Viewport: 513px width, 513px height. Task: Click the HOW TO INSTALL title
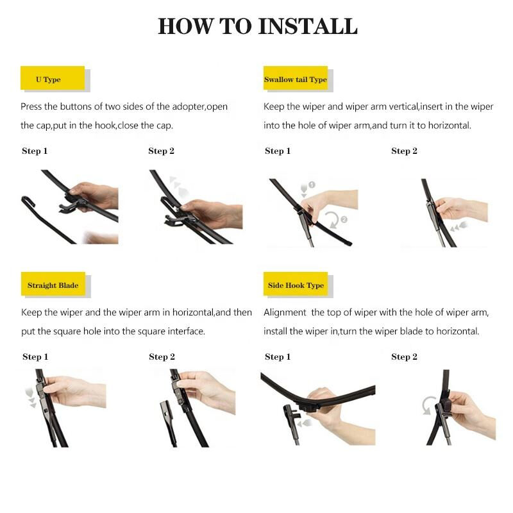point(257,26)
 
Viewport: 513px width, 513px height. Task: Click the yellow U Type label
point(49,80)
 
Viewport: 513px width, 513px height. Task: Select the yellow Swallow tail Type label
point(296,80)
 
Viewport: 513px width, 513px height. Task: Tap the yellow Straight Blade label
point(53,285)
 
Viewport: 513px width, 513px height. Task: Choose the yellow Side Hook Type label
point(296,285)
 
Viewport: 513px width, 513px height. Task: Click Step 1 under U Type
point(35,151)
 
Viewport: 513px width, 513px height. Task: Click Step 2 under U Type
point(161,151)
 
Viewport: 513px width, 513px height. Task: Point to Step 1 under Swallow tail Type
point(278,151)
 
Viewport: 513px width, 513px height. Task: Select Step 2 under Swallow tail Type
point(404,151)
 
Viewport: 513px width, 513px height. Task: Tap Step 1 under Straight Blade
point(35,357)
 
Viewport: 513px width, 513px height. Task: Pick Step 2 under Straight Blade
point(162,357)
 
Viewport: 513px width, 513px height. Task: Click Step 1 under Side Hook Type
point(278,357)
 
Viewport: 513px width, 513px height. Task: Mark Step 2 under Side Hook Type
point(404,357)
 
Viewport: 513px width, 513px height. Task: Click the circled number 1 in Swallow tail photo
point(312,185)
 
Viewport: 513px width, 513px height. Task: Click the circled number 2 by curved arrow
point(344,219)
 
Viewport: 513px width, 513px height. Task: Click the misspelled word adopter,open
point(196,106)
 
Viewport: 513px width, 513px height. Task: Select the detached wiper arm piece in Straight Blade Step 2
point(168,420)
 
